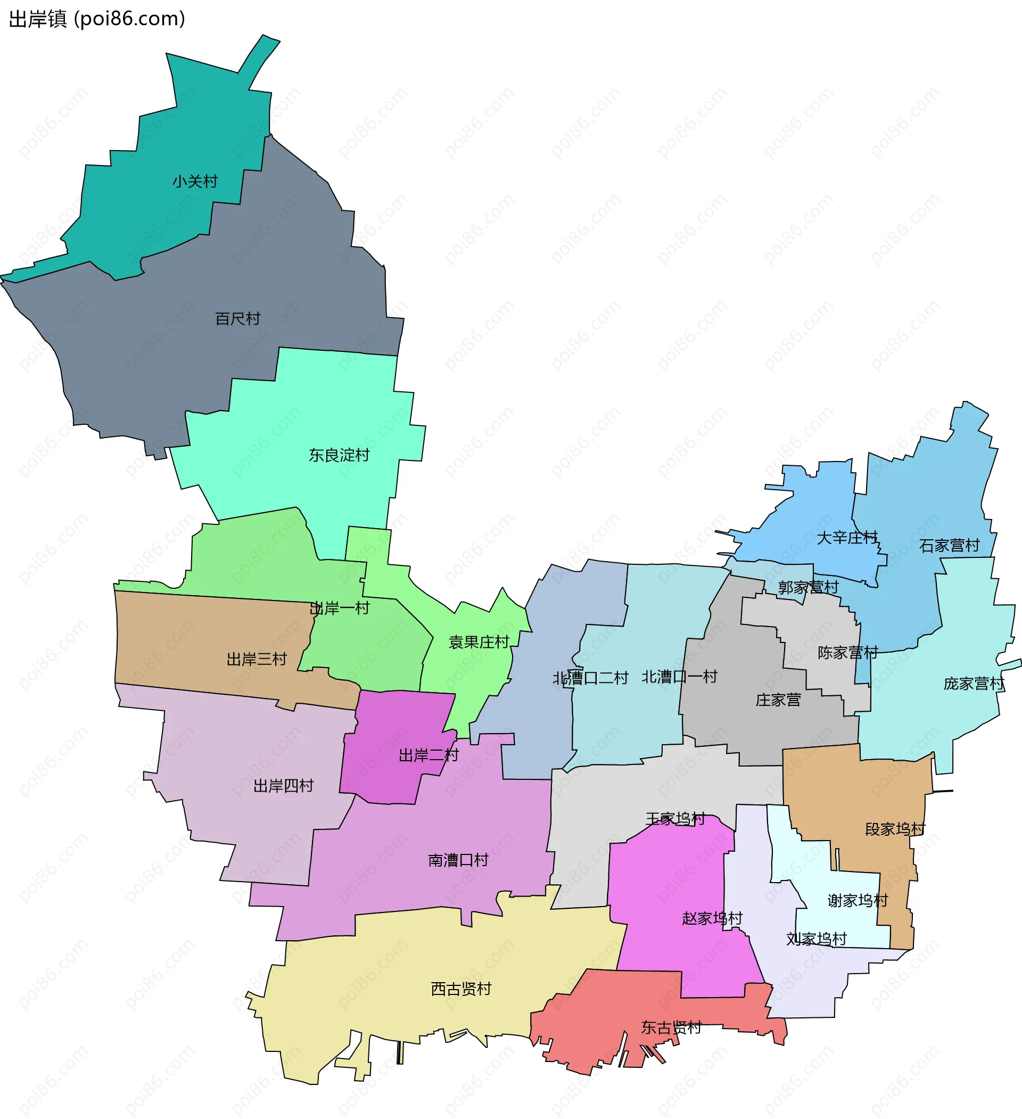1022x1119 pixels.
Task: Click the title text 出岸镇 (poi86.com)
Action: pyautogui.click(x=97, y=19)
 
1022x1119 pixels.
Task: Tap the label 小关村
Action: pyautogui.click(x=195, y=182)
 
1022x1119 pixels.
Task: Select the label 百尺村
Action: pyautogui.click(x=237, y=318)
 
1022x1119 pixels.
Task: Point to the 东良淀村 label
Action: pyautogui.click(x=339, y=455)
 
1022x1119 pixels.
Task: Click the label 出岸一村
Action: pyautogui.click(x=339, y=608)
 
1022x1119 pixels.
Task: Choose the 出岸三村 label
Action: pyautogui.click(x=257, y=660)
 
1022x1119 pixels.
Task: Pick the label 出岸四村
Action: pyautogui.click(x=284, y=785)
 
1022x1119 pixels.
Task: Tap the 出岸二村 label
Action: pyautogui.click(x=428, y=755)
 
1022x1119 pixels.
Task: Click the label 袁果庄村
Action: pyautogui.click(x=479, y=642)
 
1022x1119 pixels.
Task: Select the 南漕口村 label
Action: pyautogui.click(x=458, y=860)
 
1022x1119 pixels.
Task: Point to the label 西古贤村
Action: pyautogui.click(x=461, y=989)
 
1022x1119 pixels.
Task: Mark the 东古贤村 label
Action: pyautogui.click(x=671, y=1027)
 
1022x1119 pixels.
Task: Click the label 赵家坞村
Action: pyautogui.click(x=712, y=918)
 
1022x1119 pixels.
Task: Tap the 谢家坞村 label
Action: pyautogui.click(x=858, y=900)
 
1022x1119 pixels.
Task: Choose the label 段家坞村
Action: pyautogui.click(x=895, y=829)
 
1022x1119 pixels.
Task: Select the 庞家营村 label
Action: pyautogui.click(x=974, y=684)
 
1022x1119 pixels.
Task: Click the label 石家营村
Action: pyautogui.click(x=949, y=546)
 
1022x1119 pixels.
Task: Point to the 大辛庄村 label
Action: pyautogui.click(x=847, y=537)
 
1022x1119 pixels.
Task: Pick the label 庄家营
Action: pyautogui.click(x=778, y=700)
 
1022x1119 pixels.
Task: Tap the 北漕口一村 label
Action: pyautogui.click(x=680, y=677)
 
